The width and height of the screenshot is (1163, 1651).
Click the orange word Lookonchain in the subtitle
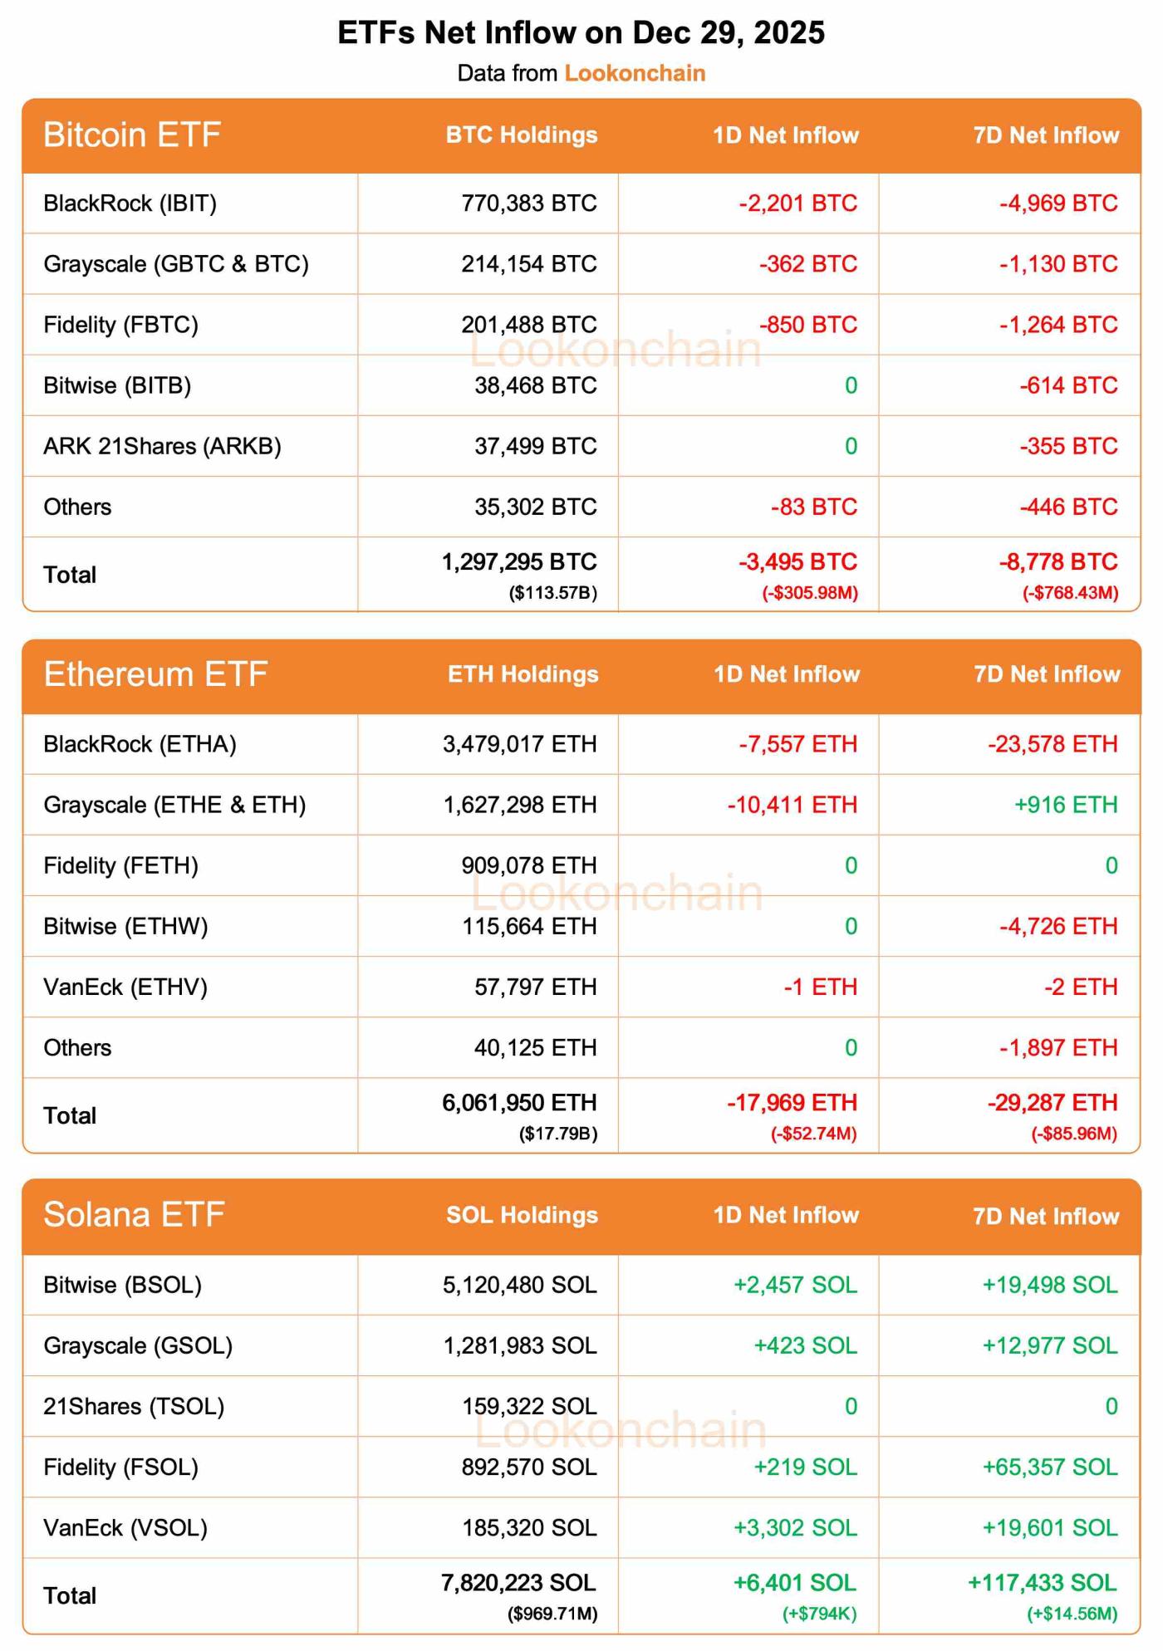click(x=635, y=73)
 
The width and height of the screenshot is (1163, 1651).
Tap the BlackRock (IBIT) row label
click(x=130, y=203)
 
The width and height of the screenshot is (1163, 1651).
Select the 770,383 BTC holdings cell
click(x=529, y=203)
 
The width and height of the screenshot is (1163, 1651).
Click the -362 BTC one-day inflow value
click(x=808, y=264)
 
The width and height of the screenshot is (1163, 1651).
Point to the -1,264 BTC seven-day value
click(x=1058, y=325)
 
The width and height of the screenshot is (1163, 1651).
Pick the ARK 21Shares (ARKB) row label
click(x=163, y=447)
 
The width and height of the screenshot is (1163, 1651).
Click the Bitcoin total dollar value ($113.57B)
click(x=553, y=593)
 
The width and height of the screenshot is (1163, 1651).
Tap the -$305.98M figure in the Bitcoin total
click(x=810, y=593)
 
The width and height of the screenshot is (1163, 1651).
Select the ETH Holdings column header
click(x=523, y=674)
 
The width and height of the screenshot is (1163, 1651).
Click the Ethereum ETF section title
click(x=155, y=674)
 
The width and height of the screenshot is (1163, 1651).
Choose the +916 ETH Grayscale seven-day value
click(x=1066, y=805)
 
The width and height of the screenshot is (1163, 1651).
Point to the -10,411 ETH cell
click(x=793, y=805)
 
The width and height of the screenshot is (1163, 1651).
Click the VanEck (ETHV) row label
click(x=125, y=987)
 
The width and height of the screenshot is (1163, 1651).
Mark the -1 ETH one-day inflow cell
click(x=821, y=987)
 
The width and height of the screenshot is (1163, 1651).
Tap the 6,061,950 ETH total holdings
click(x=519, y=1103)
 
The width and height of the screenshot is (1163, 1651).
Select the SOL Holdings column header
click(x=523, y=1215)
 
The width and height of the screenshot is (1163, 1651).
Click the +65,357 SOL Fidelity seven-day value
click(x=1050, y=1467)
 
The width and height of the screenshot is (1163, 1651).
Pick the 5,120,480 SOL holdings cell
click(x=520, y=1286)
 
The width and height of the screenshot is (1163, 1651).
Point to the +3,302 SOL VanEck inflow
click(x=795, y=1528)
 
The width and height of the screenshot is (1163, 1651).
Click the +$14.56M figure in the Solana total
click(x=1072, y=1614)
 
